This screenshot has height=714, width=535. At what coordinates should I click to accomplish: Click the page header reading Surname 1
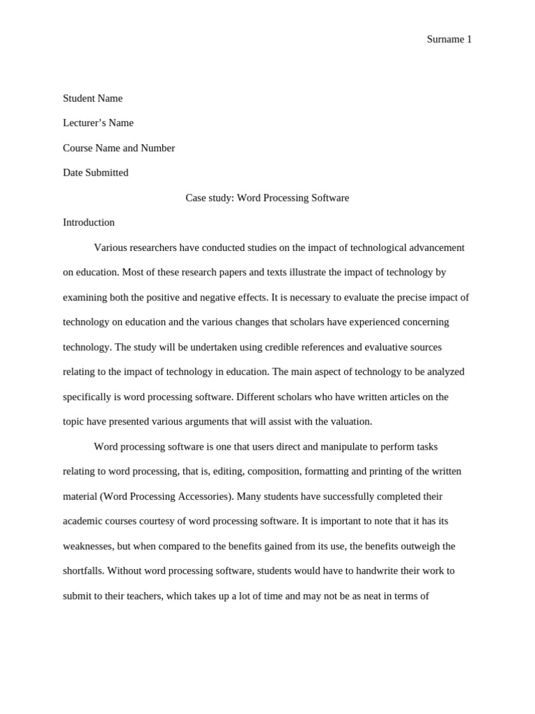click(x=449, y=40)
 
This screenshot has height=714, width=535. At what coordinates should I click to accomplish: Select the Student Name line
click(x=93, y=98)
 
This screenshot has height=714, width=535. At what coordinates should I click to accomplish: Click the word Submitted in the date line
click(x=107, y=172)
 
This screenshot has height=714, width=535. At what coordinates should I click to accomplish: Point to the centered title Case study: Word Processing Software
click(x=267, y=197)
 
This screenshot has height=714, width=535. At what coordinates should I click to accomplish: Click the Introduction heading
click(x=88, y=222)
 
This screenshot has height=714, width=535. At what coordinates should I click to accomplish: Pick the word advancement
click(x=435, y=248)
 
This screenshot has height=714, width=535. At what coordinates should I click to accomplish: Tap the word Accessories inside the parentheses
click(x=203, y=496)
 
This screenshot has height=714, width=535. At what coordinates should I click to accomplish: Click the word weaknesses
click(x=88, y=546)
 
